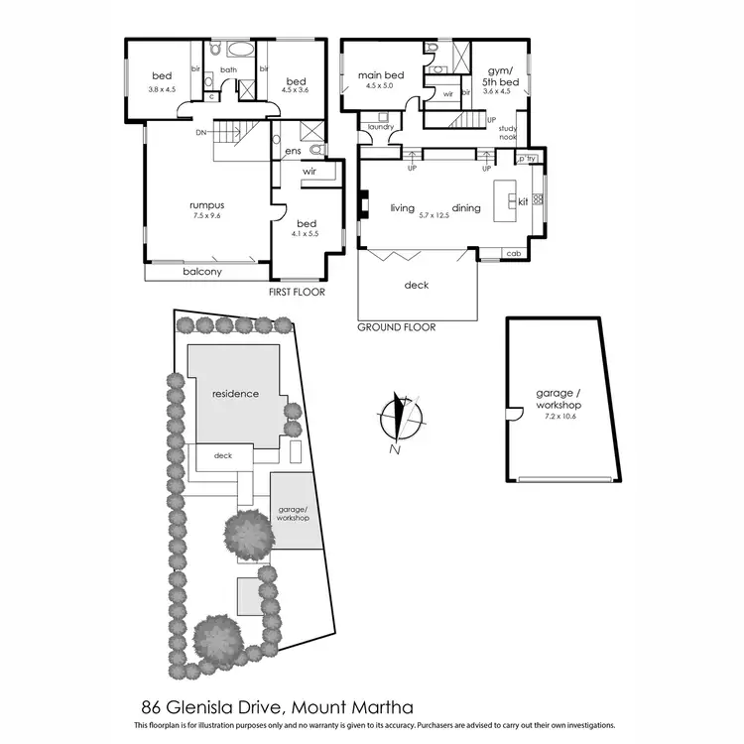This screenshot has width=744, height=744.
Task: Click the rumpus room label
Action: pyautogui.click(x=205, y=205)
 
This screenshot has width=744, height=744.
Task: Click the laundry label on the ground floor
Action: pyautogui.click(x=381, y=127)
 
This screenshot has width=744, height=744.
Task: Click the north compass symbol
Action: pyautogui.click(x=400, y=418)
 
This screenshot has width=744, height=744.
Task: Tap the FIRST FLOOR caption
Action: pyautogui.click(x=297, y=293)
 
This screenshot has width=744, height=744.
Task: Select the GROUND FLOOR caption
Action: pyautogui.click(x=395, y=326)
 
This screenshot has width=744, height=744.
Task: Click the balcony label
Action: pyautogui.click(x=201, y=272)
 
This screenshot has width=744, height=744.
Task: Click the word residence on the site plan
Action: pyautogui.click(x=234, y=393)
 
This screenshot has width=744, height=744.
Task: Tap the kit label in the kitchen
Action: pyautogui.click(x=523, y=201)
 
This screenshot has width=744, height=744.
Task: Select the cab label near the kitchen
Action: pyautogui.click(x=513, y=253)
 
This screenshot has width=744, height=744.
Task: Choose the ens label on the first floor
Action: pyautogui.click(x=293, y=151)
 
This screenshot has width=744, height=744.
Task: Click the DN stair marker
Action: pyautogui.click(x=201, y=132)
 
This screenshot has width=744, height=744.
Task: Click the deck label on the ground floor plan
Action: pyautogui.click(x=417, y=286)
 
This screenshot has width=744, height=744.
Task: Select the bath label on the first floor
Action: pyautogui.click(x=228, y=70)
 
